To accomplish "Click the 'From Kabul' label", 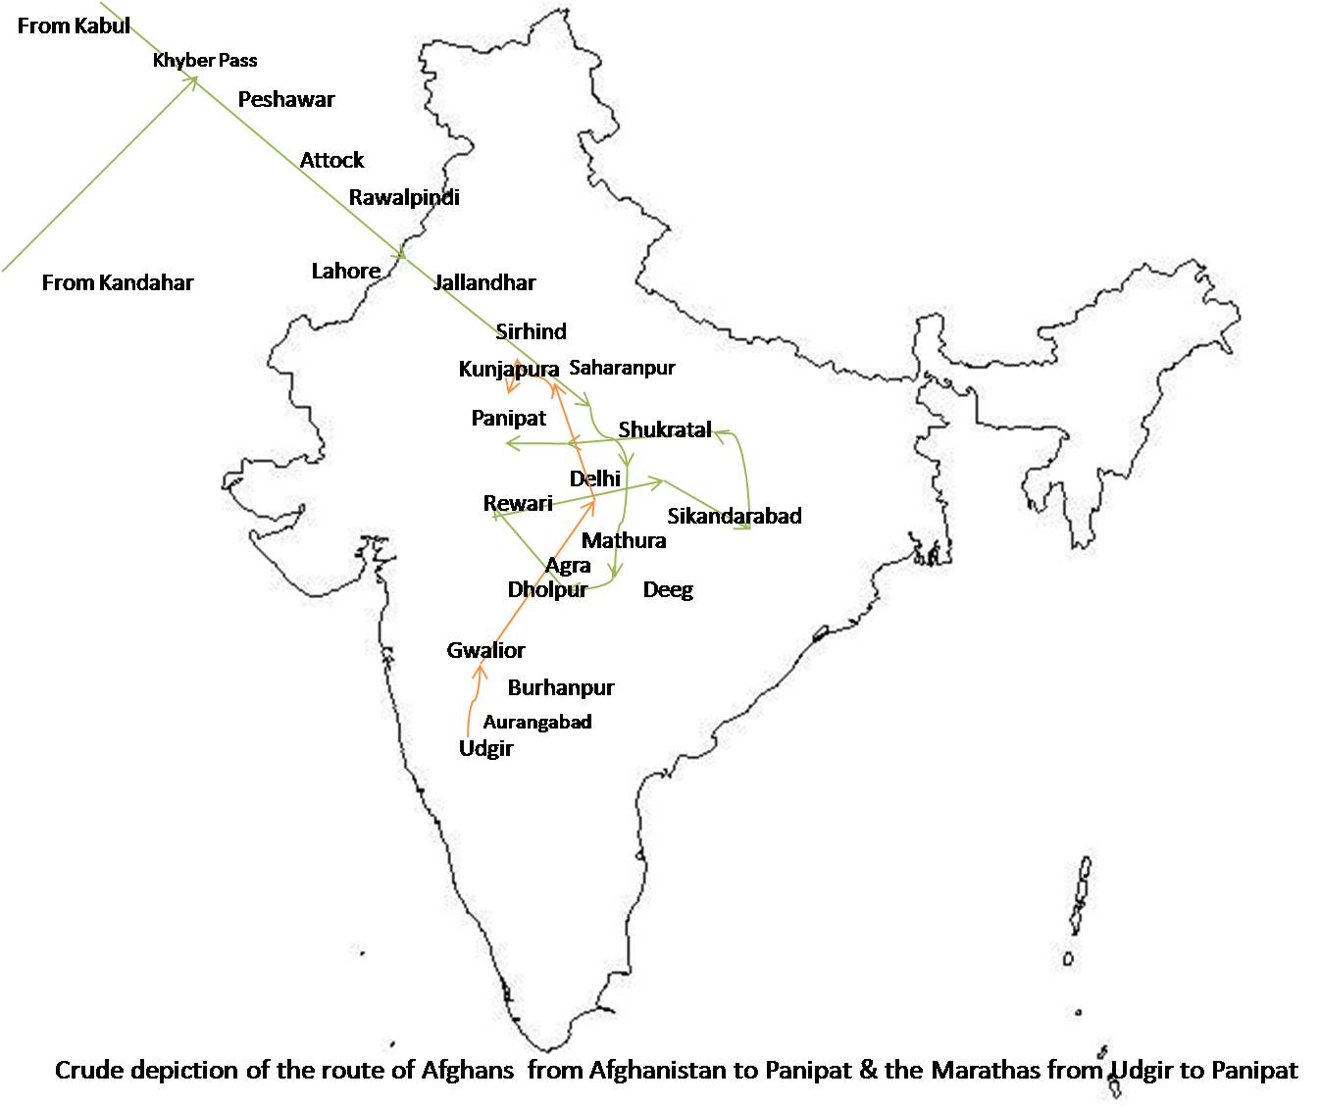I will tap(74, 25).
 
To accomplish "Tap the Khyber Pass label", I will tap(205, 60).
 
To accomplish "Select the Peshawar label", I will tap(286, 99).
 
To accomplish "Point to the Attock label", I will tap(331, 160).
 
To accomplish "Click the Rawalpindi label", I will tap(404, 197).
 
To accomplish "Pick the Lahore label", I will tap(345, 271).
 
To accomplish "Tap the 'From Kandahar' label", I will tap(118, 282).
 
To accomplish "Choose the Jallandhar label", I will tap(484, 282).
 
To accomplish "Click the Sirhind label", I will tap(531, 331).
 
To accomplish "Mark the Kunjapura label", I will tap(508, 370).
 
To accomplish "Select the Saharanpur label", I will tap(622, 368).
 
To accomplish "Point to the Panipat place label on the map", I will tap(508, 418).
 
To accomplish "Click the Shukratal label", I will tap(664, 429).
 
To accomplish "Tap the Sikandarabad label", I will tap(734, 516).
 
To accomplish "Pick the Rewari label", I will tap(518, 503).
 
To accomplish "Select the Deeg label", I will tap(668, 589).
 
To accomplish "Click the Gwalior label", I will tap(485, 650).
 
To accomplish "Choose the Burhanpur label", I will tap(561, 687).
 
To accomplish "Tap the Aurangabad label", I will tap(537, 722).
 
